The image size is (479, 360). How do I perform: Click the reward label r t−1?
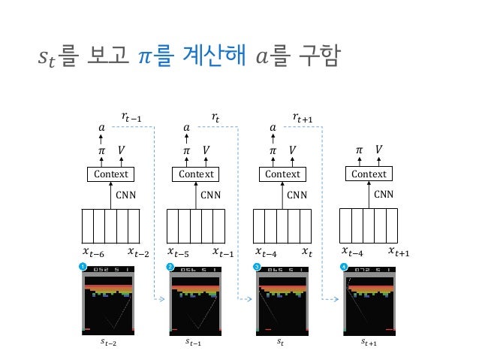[133, 116]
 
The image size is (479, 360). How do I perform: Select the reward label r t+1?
[303, 116]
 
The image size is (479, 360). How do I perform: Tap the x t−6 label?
[93, 252]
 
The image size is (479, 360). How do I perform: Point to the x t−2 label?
[138, 252]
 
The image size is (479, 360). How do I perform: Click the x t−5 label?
[179, 252]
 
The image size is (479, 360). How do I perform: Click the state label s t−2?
[110, 343]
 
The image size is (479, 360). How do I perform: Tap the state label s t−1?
[197, 343]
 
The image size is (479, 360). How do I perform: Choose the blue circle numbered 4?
[344, 267]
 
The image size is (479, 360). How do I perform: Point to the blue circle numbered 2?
[170, 267]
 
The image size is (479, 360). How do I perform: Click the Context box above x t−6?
[111, 174]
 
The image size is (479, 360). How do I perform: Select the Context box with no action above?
[369, 174]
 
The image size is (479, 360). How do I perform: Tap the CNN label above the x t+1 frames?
[384, 194]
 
